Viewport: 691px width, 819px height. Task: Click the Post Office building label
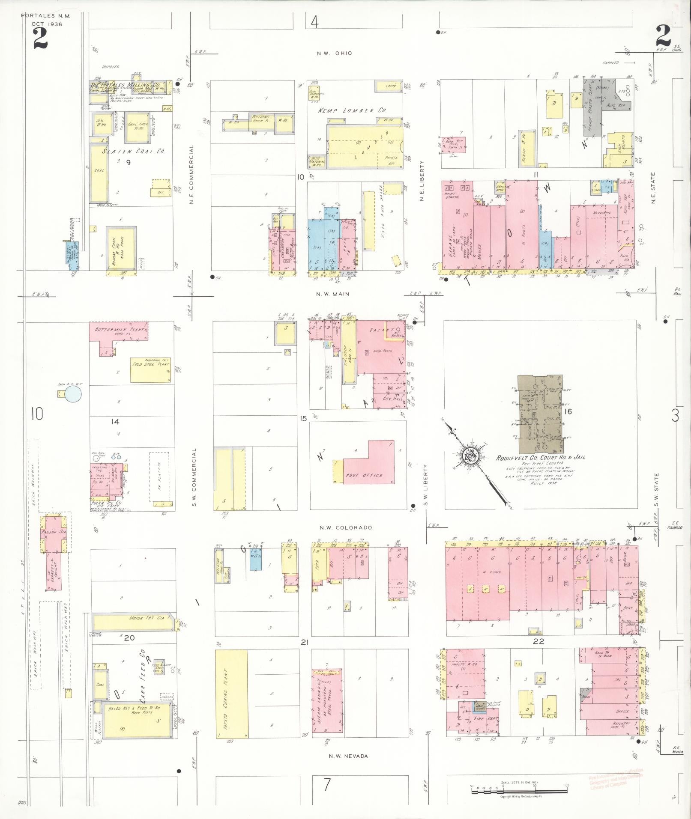(364, 475)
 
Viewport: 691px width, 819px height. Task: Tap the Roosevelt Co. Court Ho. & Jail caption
(540, 457)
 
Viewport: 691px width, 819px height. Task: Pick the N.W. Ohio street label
(334, 54)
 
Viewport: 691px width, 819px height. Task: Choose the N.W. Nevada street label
(348, 756)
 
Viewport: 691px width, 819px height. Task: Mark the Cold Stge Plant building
(150, 370)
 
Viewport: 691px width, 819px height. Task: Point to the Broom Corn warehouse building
(121, 248)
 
